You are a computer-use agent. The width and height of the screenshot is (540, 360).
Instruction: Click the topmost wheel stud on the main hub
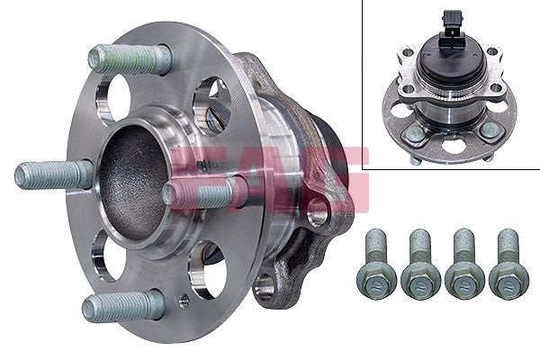[130, 58]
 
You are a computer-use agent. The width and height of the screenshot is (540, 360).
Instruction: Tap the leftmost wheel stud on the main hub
[54, 174]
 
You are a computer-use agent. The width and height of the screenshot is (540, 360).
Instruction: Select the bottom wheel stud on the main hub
[123, 306]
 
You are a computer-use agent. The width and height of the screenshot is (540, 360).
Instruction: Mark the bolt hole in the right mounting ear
[316, 213]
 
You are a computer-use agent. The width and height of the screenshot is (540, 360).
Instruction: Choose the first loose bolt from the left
[376, 265]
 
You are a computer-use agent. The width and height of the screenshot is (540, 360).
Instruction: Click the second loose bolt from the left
[419, 265]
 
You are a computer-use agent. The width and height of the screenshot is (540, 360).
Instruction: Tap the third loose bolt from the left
[463, 265]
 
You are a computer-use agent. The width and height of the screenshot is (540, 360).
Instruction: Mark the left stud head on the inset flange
[414, 133]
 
